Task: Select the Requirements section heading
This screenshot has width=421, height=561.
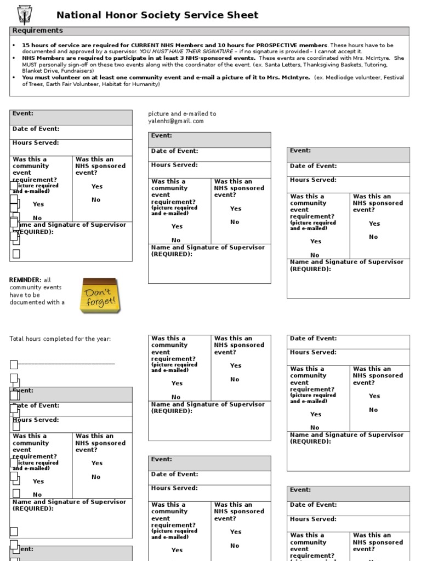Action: (38, 31)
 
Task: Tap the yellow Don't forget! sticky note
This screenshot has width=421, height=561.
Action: (98, 296)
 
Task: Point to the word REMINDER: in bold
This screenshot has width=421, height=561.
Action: (25, 280)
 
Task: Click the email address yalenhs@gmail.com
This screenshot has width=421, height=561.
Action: (175, 121)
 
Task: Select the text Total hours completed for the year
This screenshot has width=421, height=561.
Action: (60, 339)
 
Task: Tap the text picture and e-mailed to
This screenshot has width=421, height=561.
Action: (182, 114)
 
